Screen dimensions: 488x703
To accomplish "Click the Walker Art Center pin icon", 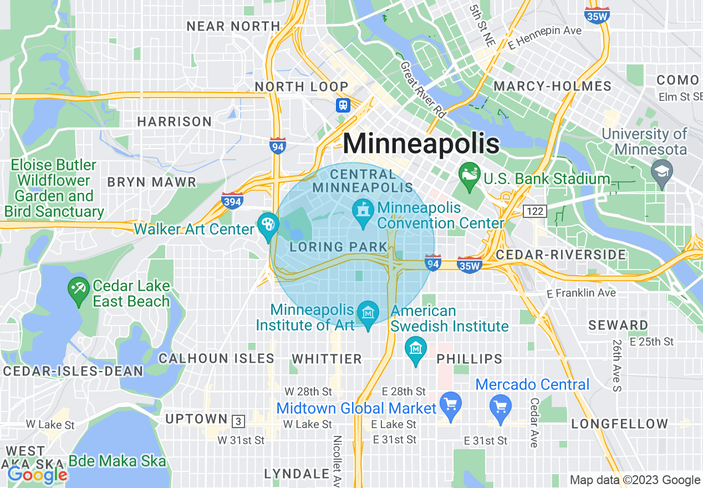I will point(268,225).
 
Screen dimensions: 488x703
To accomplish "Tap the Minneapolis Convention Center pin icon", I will point(363,211).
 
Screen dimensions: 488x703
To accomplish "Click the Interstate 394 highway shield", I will point(232,201).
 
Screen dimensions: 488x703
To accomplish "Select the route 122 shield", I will point(534,211).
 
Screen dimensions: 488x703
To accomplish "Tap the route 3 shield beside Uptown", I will point(238,421).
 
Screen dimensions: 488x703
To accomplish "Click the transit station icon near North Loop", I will point(343,105).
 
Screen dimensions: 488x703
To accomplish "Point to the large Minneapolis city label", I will point(421,144).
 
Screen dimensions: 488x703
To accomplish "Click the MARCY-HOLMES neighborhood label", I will point(552,86).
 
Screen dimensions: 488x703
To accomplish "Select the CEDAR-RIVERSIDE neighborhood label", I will point(561,255).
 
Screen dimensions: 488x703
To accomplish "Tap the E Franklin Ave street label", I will point(580,293).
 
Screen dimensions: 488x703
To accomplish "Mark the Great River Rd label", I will point(424,89).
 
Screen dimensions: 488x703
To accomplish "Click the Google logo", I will point(37,474).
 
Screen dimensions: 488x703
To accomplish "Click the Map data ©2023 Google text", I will point(635,480).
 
